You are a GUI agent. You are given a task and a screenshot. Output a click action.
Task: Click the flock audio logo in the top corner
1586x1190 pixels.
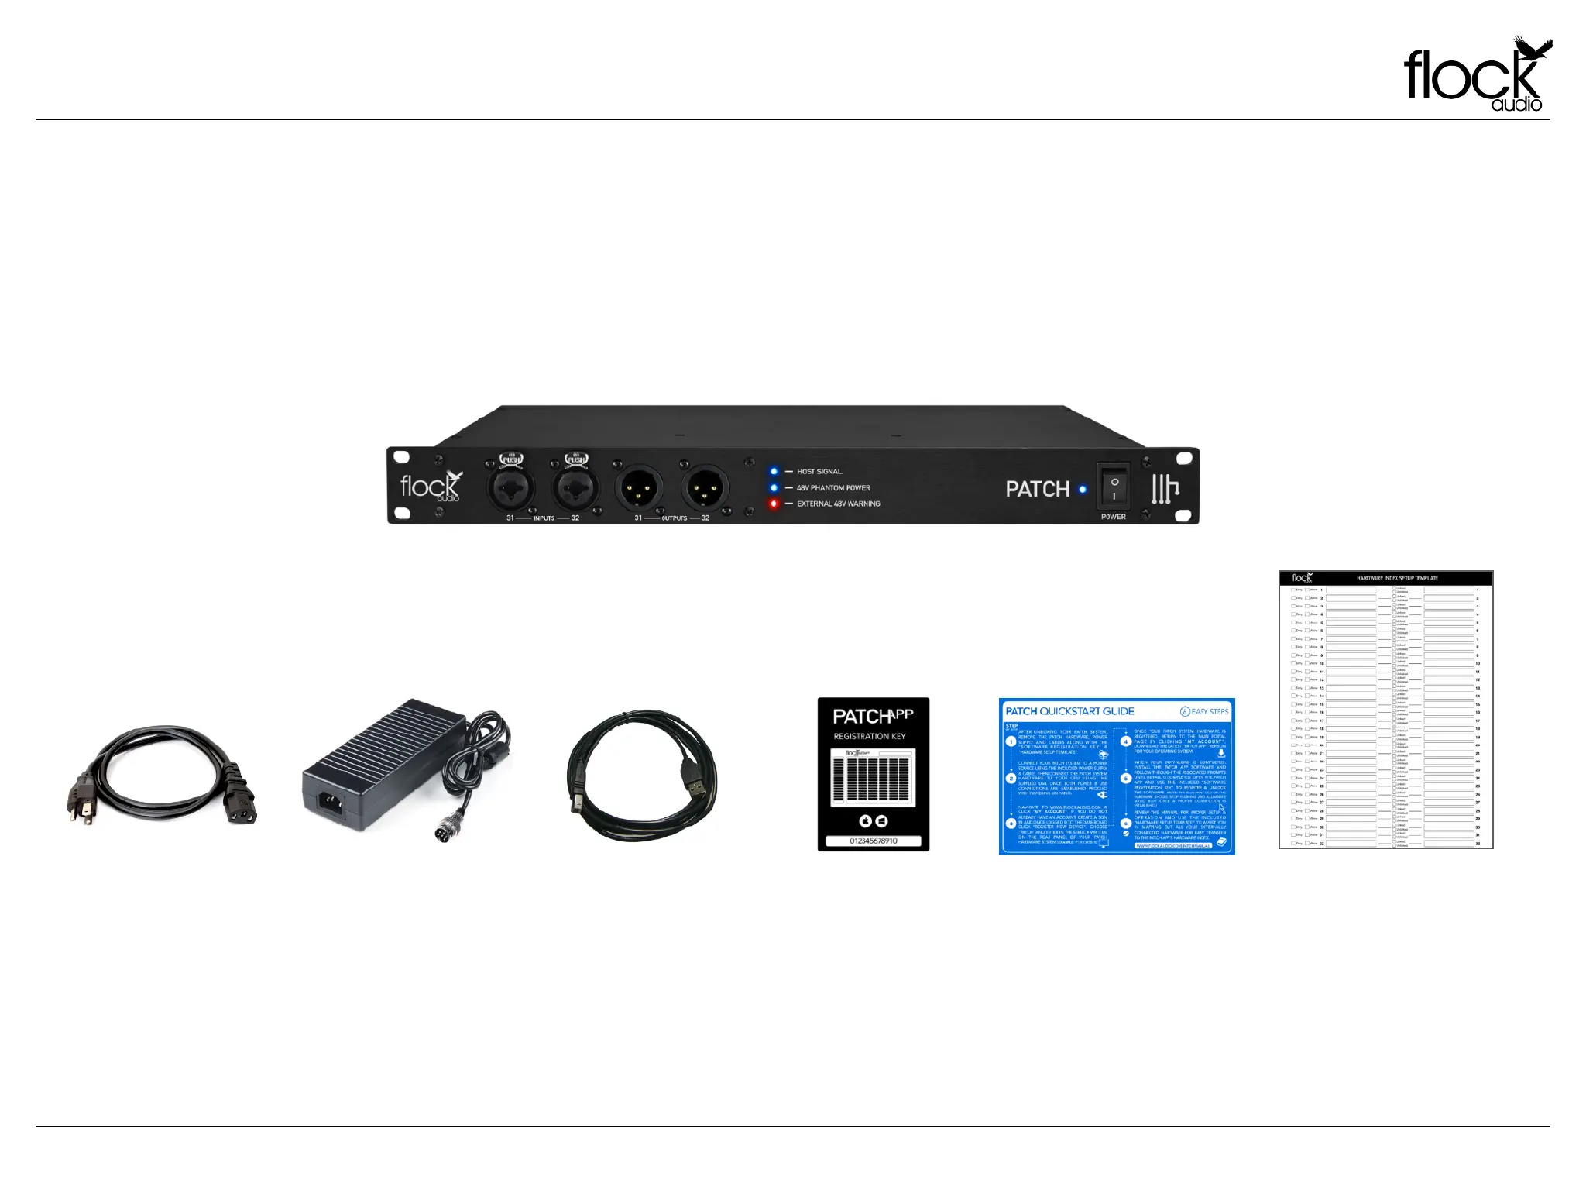click(x=1476, y=76)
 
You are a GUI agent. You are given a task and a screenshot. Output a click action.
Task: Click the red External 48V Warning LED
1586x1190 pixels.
click(x=773, y=504)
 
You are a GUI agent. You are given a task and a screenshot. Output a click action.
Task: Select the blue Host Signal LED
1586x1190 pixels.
click(x=773, y=471)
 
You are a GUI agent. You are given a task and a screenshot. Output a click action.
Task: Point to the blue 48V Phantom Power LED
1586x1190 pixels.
click(x=773, y=487)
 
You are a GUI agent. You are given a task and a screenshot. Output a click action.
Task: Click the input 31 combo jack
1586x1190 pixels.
click(x=510, y=488)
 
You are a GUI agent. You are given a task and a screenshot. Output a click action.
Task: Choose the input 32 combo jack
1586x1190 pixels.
click(x=575, y=488)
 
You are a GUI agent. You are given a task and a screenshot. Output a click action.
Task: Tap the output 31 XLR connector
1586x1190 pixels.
click(x=639, y=488)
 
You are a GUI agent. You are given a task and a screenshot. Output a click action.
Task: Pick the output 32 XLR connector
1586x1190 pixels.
click(x=705, y=488)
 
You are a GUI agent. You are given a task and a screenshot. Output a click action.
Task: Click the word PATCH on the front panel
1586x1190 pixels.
click(x=1037, y=489)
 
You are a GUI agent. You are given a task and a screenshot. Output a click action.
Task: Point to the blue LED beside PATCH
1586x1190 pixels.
click(x=1083, y=490)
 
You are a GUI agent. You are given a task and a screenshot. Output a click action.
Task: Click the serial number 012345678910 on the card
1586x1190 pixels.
click(x=873, y=841)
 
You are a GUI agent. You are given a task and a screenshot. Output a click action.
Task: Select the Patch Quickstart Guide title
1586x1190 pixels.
click(x=1069, y=711)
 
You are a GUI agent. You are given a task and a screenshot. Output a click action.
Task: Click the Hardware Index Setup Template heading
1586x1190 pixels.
click(x=1397, y=578)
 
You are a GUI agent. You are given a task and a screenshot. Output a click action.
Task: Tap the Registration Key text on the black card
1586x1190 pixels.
click(x=869, y=736)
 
